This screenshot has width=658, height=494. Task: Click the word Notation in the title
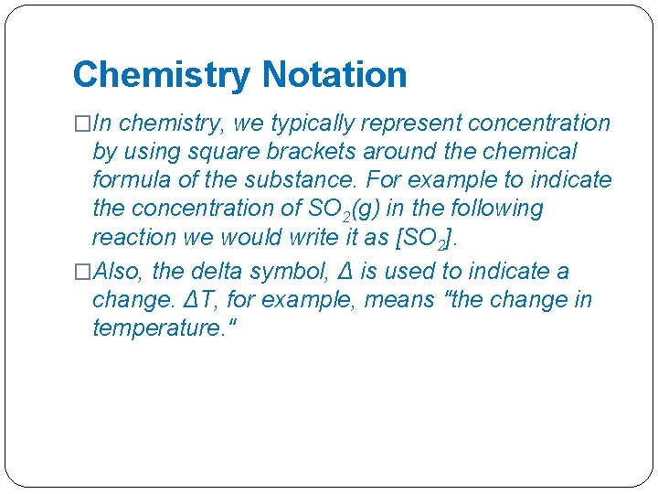tap(334, 75)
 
